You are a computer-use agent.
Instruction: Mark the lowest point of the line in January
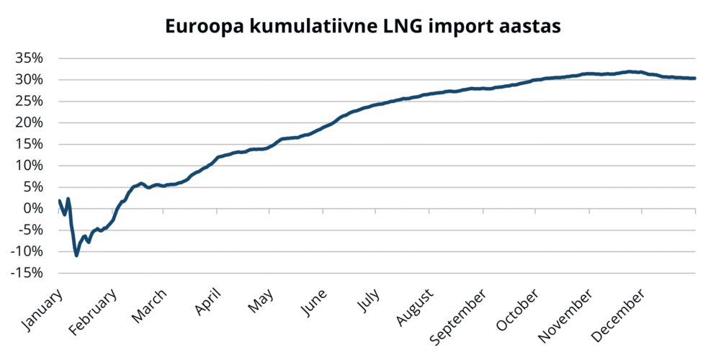(76, 255)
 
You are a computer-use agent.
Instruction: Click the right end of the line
(694, 78)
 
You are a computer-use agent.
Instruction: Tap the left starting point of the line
(58, 200)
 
